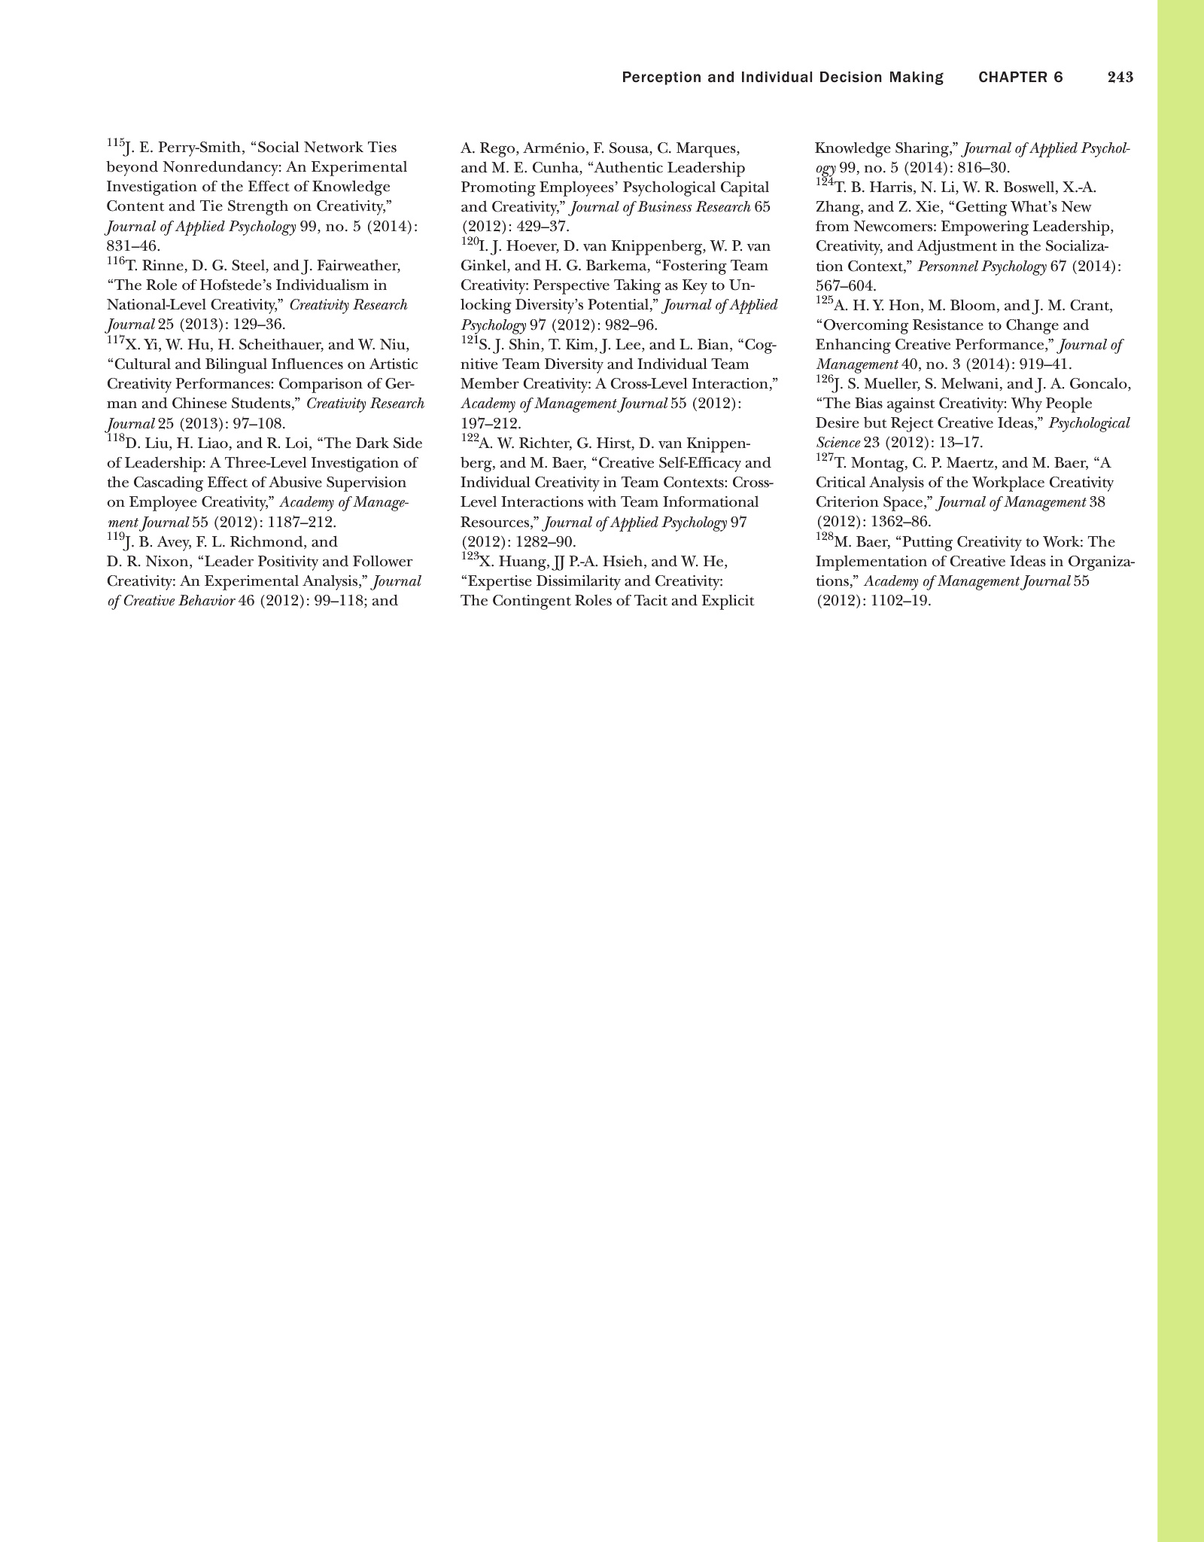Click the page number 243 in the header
click(x=1120, y=78)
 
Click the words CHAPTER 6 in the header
click(x=1020, y=78)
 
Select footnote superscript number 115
click(x=114, y=142)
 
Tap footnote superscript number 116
click(x=115, y=261)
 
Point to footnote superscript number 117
click(x=115, y=340)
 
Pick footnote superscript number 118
click(x=115, y=438)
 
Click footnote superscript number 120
click(x=469, y=241)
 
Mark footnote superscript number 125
click(x=824, y=300)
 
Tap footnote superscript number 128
click(x=824, y=537)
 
